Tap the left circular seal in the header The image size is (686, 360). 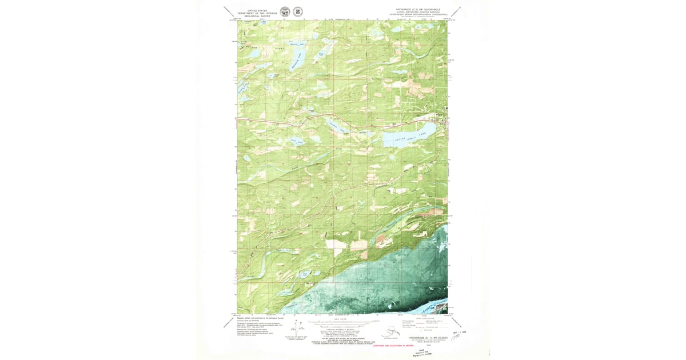click(x=285, y=12)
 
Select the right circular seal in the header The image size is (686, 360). click(x=298, y=12)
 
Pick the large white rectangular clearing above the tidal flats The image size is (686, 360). click(x=337, y=244)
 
